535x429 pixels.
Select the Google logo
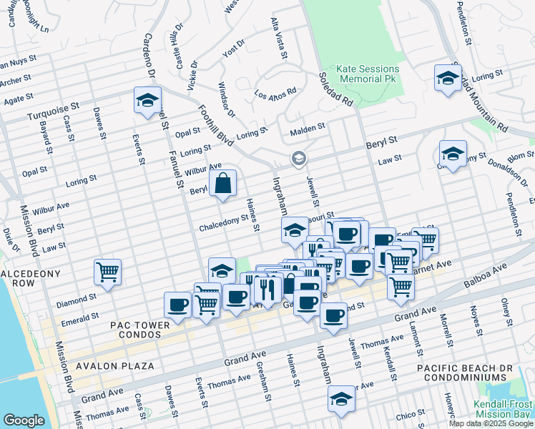(x=24, y=420)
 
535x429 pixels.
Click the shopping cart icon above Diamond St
(x=107, y=271)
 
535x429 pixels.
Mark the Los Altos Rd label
(x=275, y=94)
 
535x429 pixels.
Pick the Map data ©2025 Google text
(x=491, y=423)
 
